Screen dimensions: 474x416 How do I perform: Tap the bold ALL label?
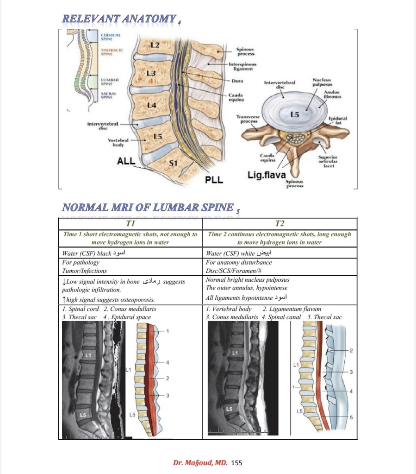click(126, 161)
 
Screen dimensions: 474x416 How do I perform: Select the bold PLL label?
click(214, 180)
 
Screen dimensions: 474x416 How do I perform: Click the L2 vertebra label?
click(155, 45)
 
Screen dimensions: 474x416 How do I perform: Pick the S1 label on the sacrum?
click(173, 163)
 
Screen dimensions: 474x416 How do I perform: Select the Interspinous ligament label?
click(242, 67)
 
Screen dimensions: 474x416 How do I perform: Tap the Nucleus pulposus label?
click(320, 82)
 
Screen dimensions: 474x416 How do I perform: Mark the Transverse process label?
click(248, 119)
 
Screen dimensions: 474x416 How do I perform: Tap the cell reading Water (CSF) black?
click(100, 253)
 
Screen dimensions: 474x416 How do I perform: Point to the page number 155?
click(236, 462)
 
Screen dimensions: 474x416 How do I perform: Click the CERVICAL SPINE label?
click(111, 37)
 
